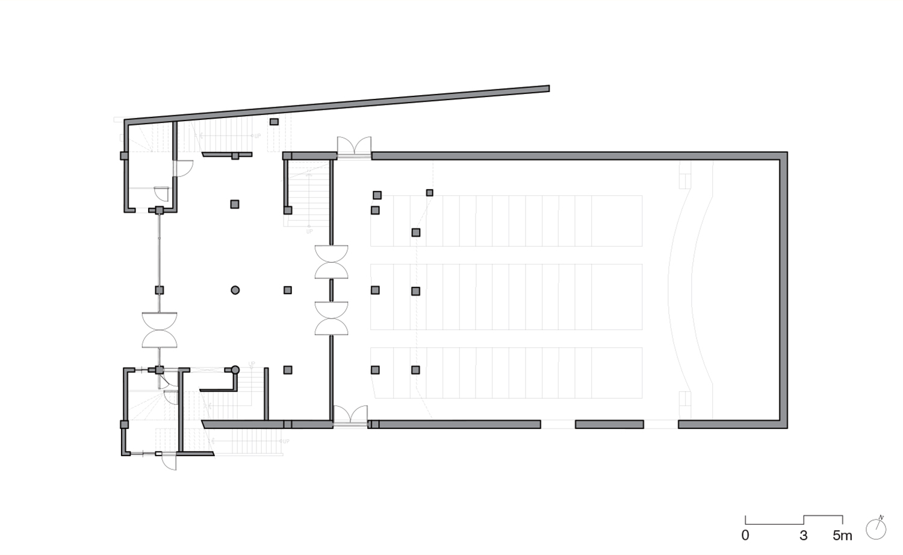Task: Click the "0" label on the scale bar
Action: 745,535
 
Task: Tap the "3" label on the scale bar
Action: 804,535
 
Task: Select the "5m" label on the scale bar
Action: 842,535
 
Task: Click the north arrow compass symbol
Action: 877,528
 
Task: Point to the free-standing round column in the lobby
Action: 235,290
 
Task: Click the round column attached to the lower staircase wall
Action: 235,369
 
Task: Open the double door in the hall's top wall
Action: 353,148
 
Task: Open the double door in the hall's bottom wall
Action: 350,416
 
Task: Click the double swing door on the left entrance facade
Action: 160,330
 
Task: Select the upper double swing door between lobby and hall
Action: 331,262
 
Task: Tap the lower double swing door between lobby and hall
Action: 331,318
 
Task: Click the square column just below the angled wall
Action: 274,122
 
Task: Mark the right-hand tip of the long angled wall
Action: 547,89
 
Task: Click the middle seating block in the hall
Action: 506,296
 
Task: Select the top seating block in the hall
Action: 506,221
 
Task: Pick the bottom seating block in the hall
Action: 506,372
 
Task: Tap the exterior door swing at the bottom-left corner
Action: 169,462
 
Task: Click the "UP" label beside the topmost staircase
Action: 258,136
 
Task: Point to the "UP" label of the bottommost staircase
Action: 286,442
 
